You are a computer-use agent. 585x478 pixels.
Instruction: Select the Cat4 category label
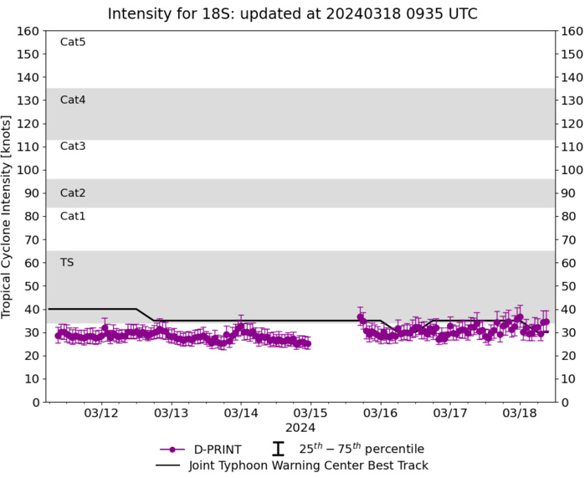pyautogui.click(x=73, y=100)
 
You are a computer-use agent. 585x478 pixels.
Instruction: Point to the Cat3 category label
pyautogui.click(x=73, y=146)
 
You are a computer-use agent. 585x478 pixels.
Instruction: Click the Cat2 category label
pyautogui.click(x=73, y=193)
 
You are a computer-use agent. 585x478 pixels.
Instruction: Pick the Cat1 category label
pyautogui.click(x=73, y=216)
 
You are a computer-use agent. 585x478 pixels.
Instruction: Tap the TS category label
pyautogui.click(x=67, y=262)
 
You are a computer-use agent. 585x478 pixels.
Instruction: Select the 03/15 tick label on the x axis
pyautogui.click(x=310, y=414)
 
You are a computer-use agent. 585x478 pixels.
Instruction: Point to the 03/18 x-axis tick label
pyautogui.click(x=519, y=414)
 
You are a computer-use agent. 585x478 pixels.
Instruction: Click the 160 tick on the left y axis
pyautogui.click(x=30, y=31)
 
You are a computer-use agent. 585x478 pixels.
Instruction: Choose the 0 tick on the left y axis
pyautogui.click(x=37, y=402)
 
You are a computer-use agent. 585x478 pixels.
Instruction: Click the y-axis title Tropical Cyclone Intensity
pyautogui.click(x=8, y=216)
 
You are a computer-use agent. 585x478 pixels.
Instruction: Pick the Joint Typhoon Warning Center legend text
pyautogui.click(x=310, y=465)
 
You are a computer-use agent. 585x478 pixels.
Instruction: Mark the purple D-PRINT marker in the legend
pyautogui.click(x=172, y=450)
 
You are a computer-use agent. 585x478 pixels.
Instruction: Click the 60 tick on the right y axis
pyautogui.click(x=570, y=263)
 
